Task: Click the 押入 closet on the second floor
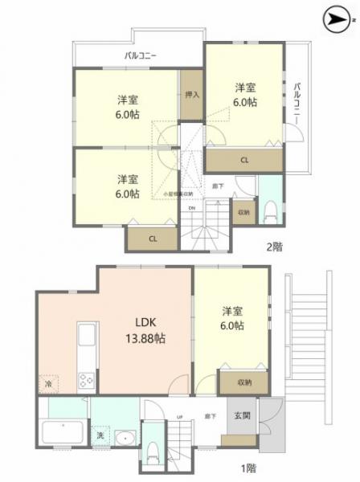[x=192, y=95]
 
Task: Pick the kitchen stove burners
[x=86, y=381]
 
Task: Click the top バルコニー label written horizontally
[x=140, y=56]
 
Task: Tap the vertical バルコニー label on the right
[x=297, y=102]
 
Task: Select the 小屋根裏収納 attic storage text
[x=178, y=194]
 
